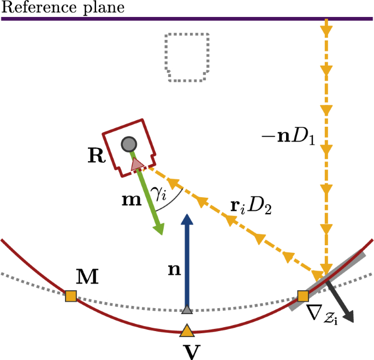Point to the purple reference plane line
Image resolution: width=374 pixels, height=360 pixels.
click(164, 19)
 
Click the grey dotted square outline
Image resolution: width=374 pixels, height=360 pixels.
click(187, 57)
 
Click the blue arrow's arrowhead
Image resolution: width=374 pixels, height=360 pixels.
click(187, 220)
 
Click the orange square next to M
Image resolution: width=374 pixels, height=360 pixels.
click(70, 297)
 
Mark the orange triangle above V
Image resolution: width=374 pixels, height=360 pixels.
click(187, 330)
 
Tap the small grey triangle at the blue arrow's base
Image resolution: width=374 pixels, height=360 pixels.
click(187, 310)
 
